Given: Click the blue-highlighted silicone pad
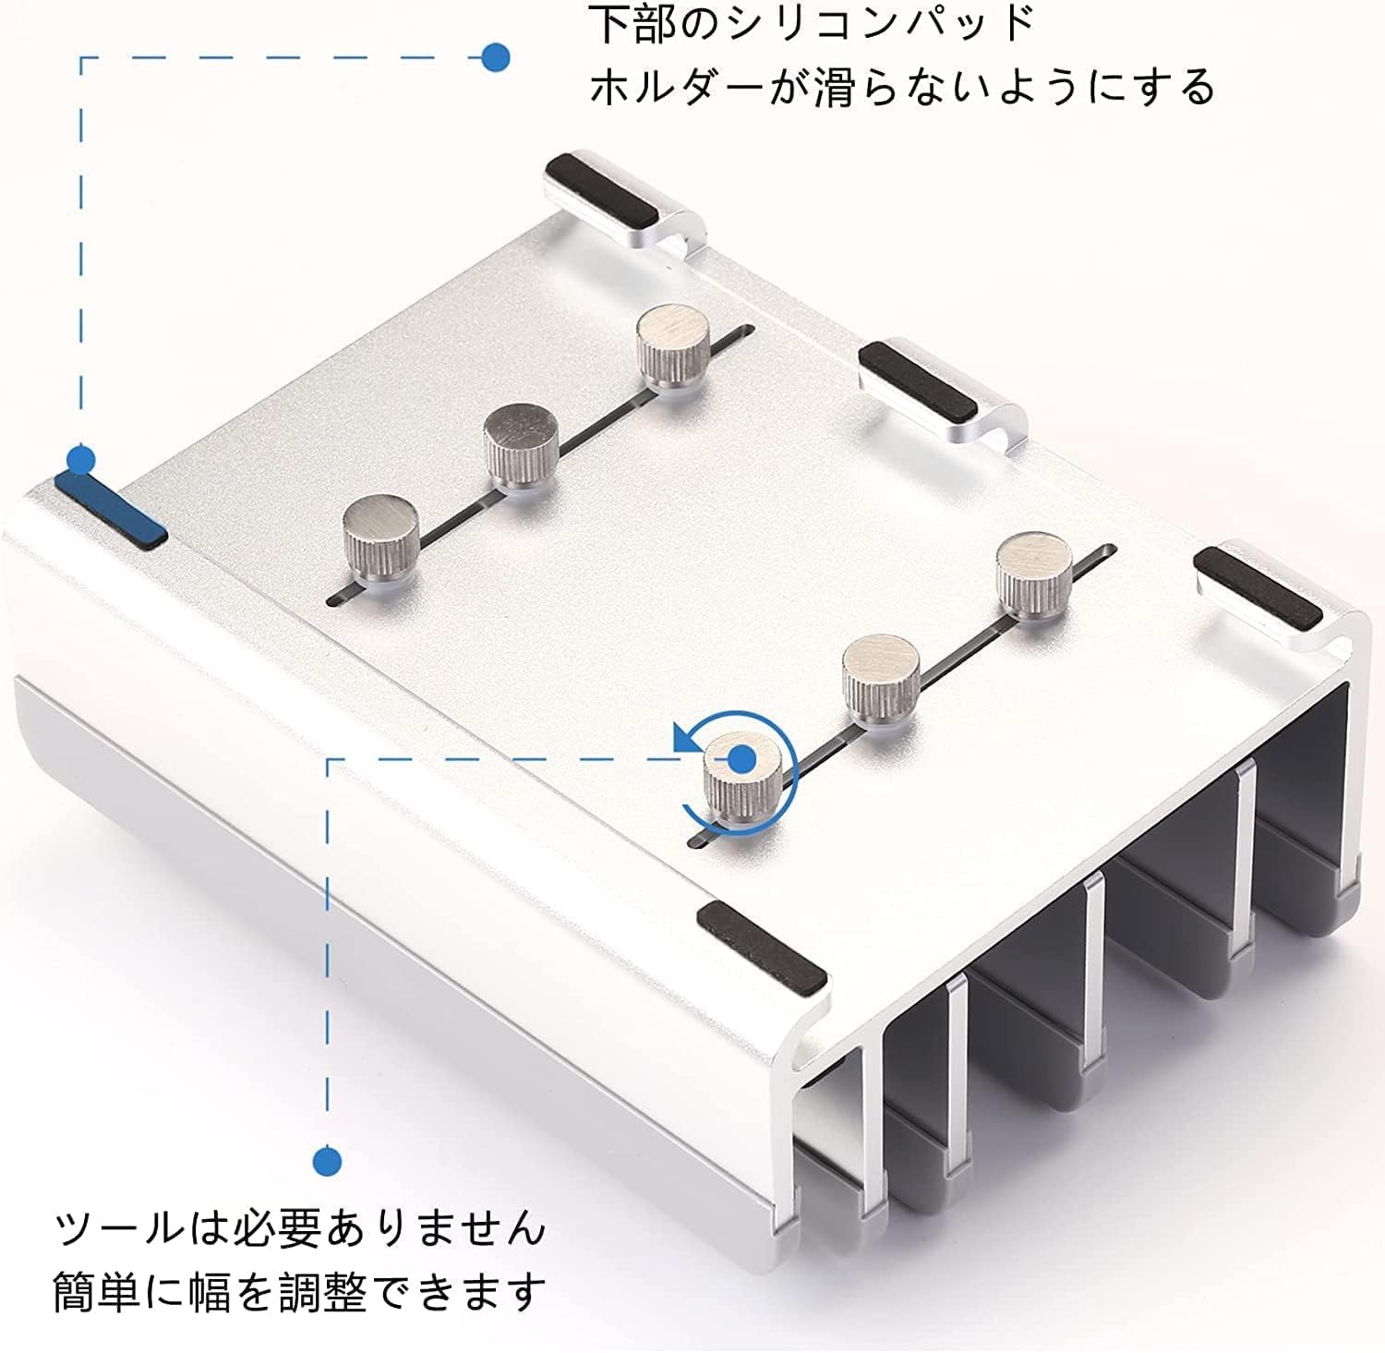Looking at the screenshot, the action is (x=111, y=507).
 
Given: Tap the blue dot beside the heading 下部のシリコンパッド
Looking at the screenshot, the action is (x=496, y=57).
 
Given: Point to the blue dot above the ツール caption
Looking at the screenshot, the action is (x=327, y=1161).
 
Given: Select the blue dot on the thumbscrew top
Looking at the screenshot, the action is (x=741, y=759).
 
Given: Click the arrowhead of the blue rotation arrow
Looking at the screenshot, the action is (x=685, y=739).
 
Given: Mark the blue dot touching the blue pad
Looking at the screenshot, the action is (x=81, y=459).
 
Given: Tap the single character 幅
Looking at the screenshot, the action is (x=210, y=1292).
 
